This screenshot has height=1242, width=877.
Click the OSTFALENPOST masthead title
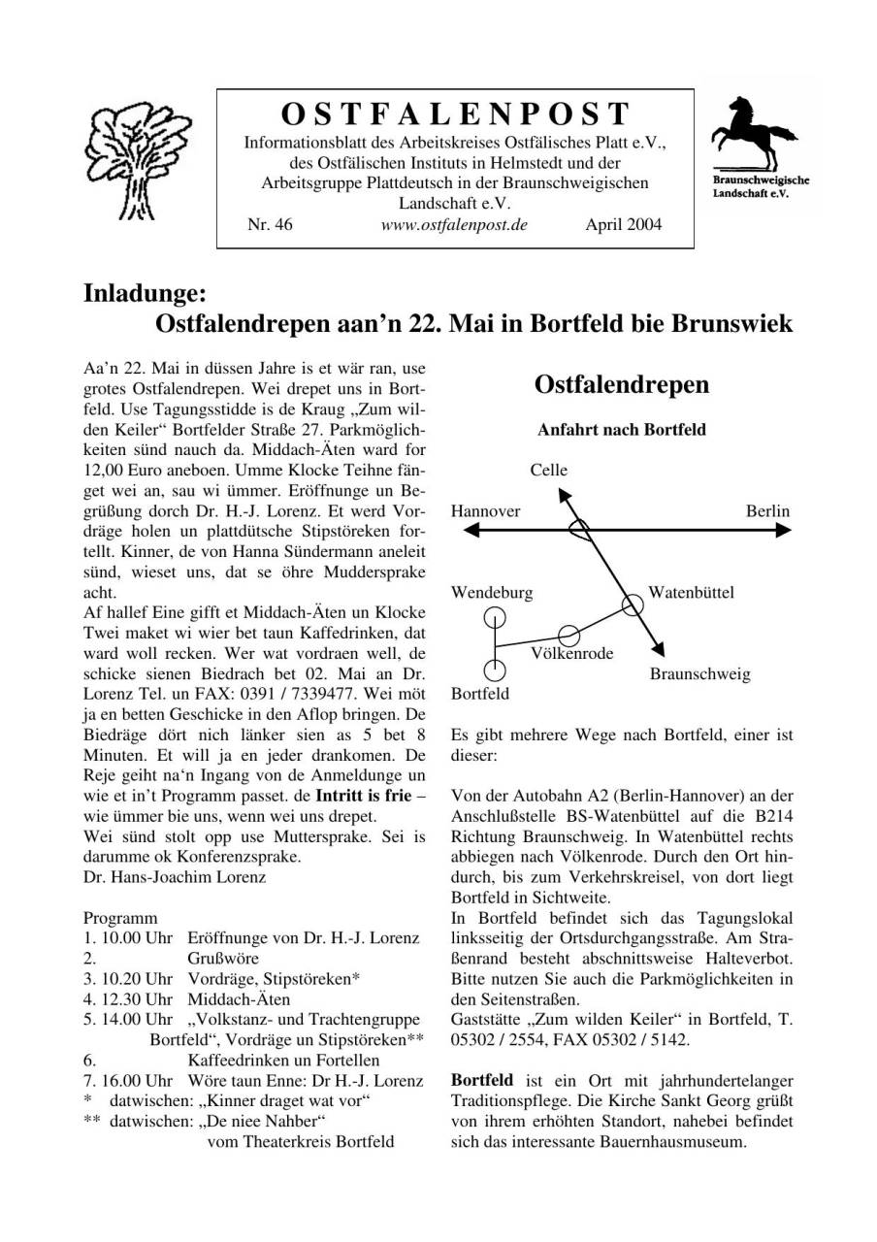coord(455,114)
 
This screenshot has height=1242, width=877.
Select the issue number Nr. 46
coord(270,225)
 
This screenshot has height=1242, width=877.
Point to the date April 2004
coord(624,225)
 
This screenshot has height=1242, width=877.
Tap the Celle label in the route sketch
coord(548,471)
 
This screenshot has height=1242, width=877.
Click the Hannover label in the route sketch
coord(486,511)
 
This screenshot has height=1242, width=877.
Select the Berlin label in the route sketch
coord(767,511)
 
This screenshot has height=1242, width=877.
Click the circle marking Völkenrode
coord(569,635)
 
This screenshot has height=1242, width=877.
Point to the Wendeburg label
coord(492,592)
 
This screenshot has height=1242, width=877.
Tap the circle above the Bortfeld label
coord(496,670)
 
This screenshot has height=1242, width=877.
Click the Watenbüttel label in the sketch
coord(691,592)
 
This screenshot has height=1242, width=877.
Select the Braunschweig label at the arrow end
coord(699,673)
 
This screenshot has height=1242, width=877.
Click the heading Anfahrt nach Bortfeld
coord(621,429)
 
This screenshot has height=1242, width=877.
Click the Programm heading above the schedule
coord(120,918)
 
